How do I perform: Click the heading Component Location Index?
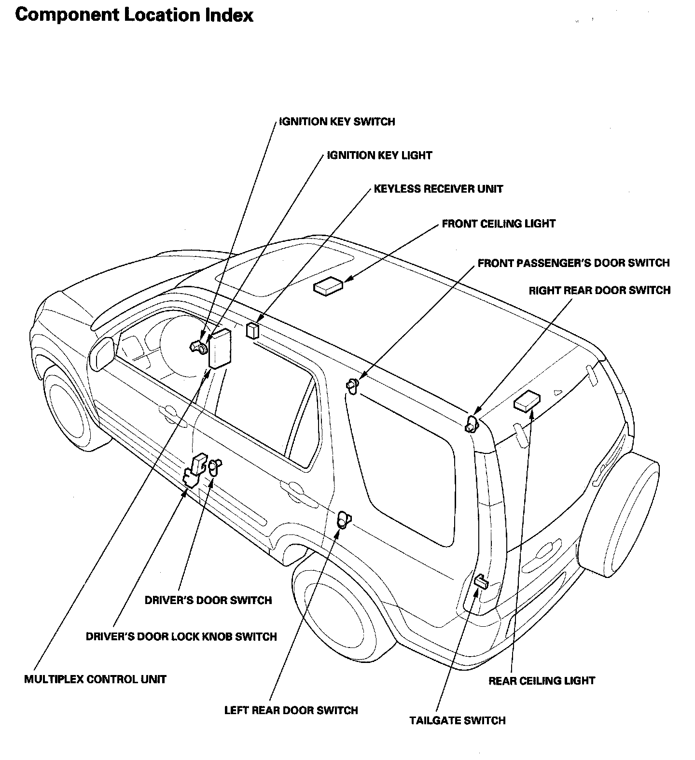(x=134, y=15)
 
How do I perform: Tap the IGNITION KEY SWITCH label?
(x=337, y=122)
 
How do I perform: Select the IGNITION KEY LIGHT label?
(x=379, y=155)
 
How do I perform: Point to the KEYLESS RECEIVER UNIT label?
(x=438, y=189)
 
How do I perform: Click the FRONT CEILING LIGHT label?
(x=499, y=224)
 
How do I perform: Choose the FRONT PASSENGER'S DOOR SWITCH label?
(x=573, y=263)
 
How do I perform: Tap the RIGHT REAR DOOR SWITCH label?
(x=599, y=291)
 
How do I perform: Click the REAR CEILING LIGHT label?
(x=542, y=681)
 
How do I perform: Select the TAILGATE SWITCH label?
(x=458, y=720)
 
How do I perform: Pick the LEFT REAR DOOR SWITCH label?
(x=291, y=710)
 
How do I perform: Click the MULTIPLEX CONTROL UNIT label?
(x=95, y=679)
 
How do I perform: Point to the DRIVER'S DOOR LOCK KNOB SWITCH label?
(x=181, y=636)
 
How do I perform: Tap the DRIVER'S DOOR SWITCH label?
(x=208, y=600)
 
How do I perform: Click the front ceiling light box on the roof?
(x=328, y=287)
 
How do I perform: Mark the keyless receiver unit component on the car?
(x=252, y=331)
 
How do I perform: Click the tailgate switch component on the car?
(x=481, y=581)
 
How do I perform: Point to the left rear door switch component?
(x=344, y=520)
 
